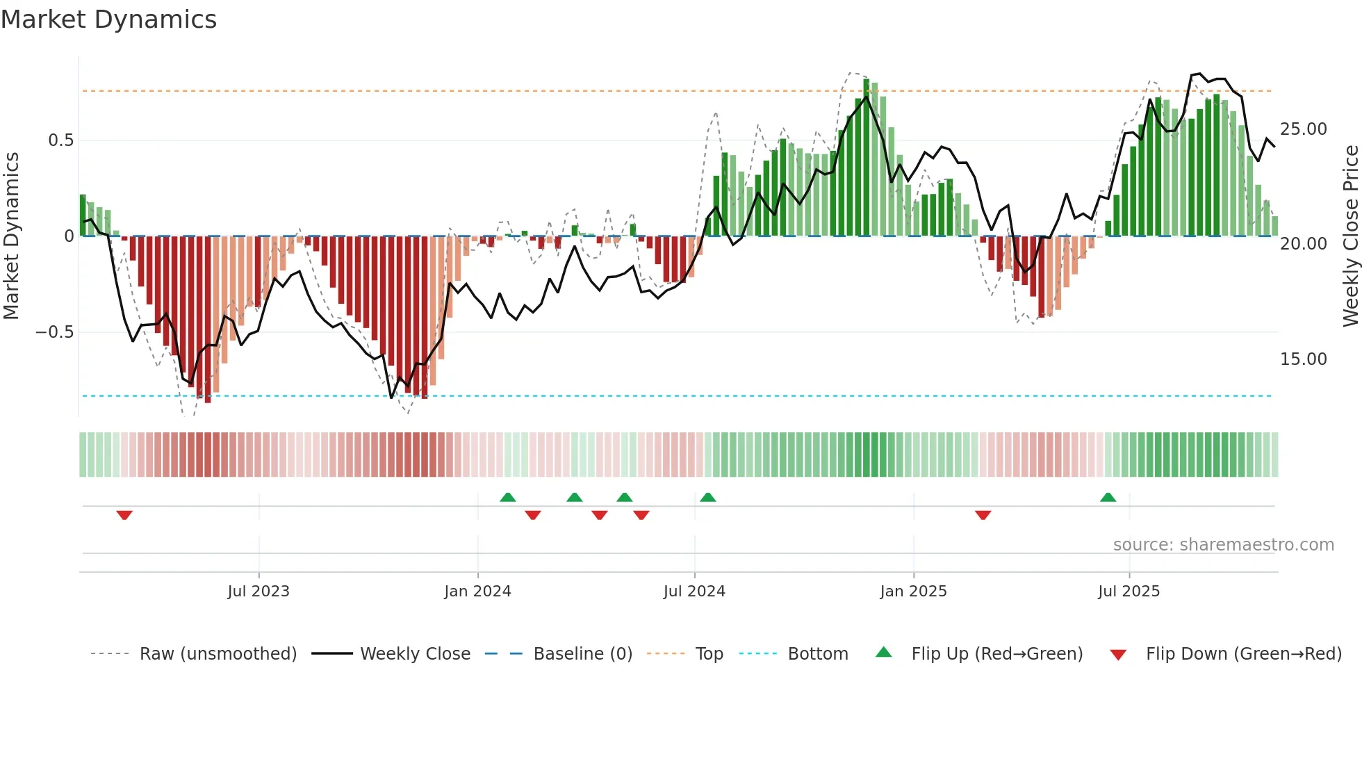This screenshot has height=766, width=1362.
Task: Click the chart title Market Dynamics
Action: click(x=109, y=19)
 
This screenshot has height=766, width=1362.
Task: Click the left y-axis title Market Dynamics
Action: click(x=12, y=236)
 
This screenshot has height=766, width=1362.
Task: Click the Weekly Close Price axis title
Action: click(x=1350, y=236)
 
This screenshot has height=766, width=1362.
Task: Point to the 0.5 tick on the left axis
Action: click(x=60, y=140)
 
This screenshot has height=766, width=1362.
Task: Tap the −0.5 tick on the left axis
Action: click(x=55, y=332)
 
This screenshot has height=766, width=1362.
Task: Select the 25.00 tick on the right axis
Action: click(x=1303, y=129)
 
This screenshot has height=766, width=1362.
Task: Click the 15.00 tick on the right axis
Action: click(x=1303, y=359)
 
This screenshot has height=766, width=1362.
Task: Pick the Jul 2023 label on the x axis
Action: click(x=259, y=592)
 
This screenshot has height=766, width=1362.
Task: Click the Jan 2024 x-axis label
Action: click(x=477, y=592)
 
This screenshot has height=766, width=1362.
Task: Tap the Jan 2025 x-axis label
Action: click(x=913, y=592)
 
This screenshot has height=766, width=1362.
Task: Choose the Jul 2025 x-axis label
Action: click(x=1129, y=592)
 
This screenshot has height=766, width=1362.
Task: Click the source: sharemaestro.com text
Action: click(x=1223, y=545)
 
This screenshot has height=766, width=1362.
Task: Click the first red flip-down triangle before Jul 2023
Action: click(x=124, y=515)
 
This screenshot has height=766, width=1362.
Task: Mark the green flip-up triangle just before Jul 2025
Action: click(x=1108, y=497)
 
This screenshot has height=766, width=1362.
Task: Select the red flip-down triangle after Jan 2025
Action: click(x=983, y=515)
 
